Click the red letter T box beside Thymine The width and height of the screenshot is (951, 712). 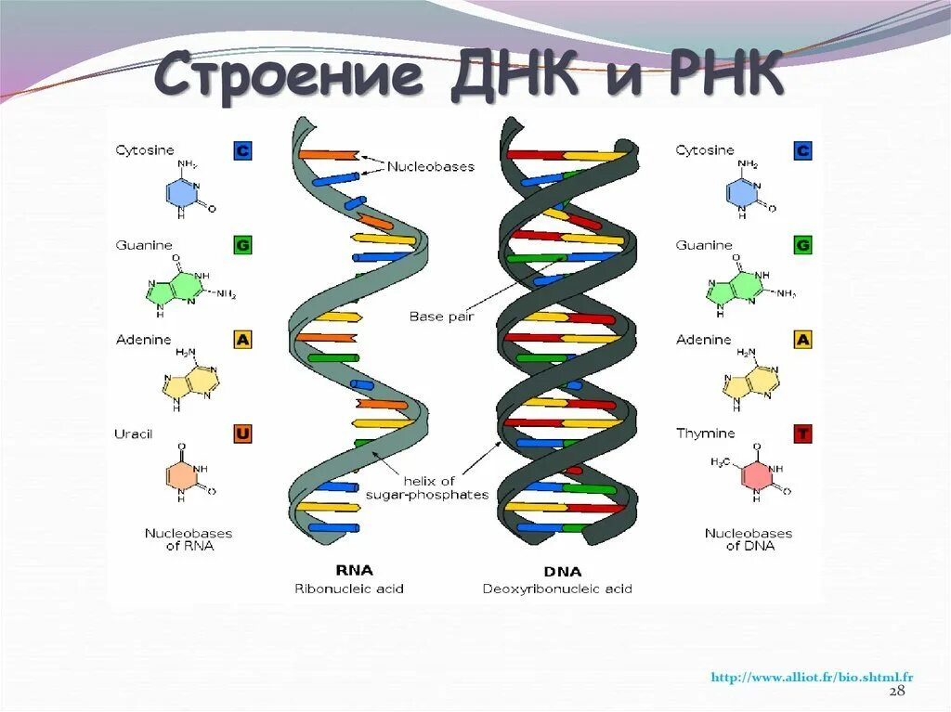(x=802, y=434)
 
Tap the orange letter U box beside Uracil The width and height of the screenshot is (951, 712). (x=242, y=434)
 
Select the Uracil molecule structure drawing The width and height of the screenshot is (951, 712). (x=190, y=475)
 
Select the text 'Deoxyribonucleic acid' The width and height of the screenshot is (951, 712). (x=557, y=589)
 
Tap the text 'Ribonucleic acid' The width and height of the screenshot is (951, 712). (x=349, y=589)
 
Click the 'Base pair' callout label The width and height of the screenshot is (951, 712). (x=441, y=317)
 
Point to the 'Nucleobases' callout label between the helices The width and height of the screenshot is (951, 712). (x=430, y=167)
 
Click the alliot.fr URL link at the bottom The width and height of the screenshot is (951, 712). (x=812, y=678)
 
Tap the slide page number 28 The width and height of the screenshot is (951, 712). (x=896, y=693)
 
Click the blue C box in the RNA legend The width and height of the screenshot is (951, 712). (x=242, y=150)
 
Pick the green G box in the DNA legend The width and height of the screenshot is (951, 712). (x=802, y=245)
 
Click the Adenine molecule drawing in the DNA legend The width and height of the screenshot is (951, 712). (x=750, y=377)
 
